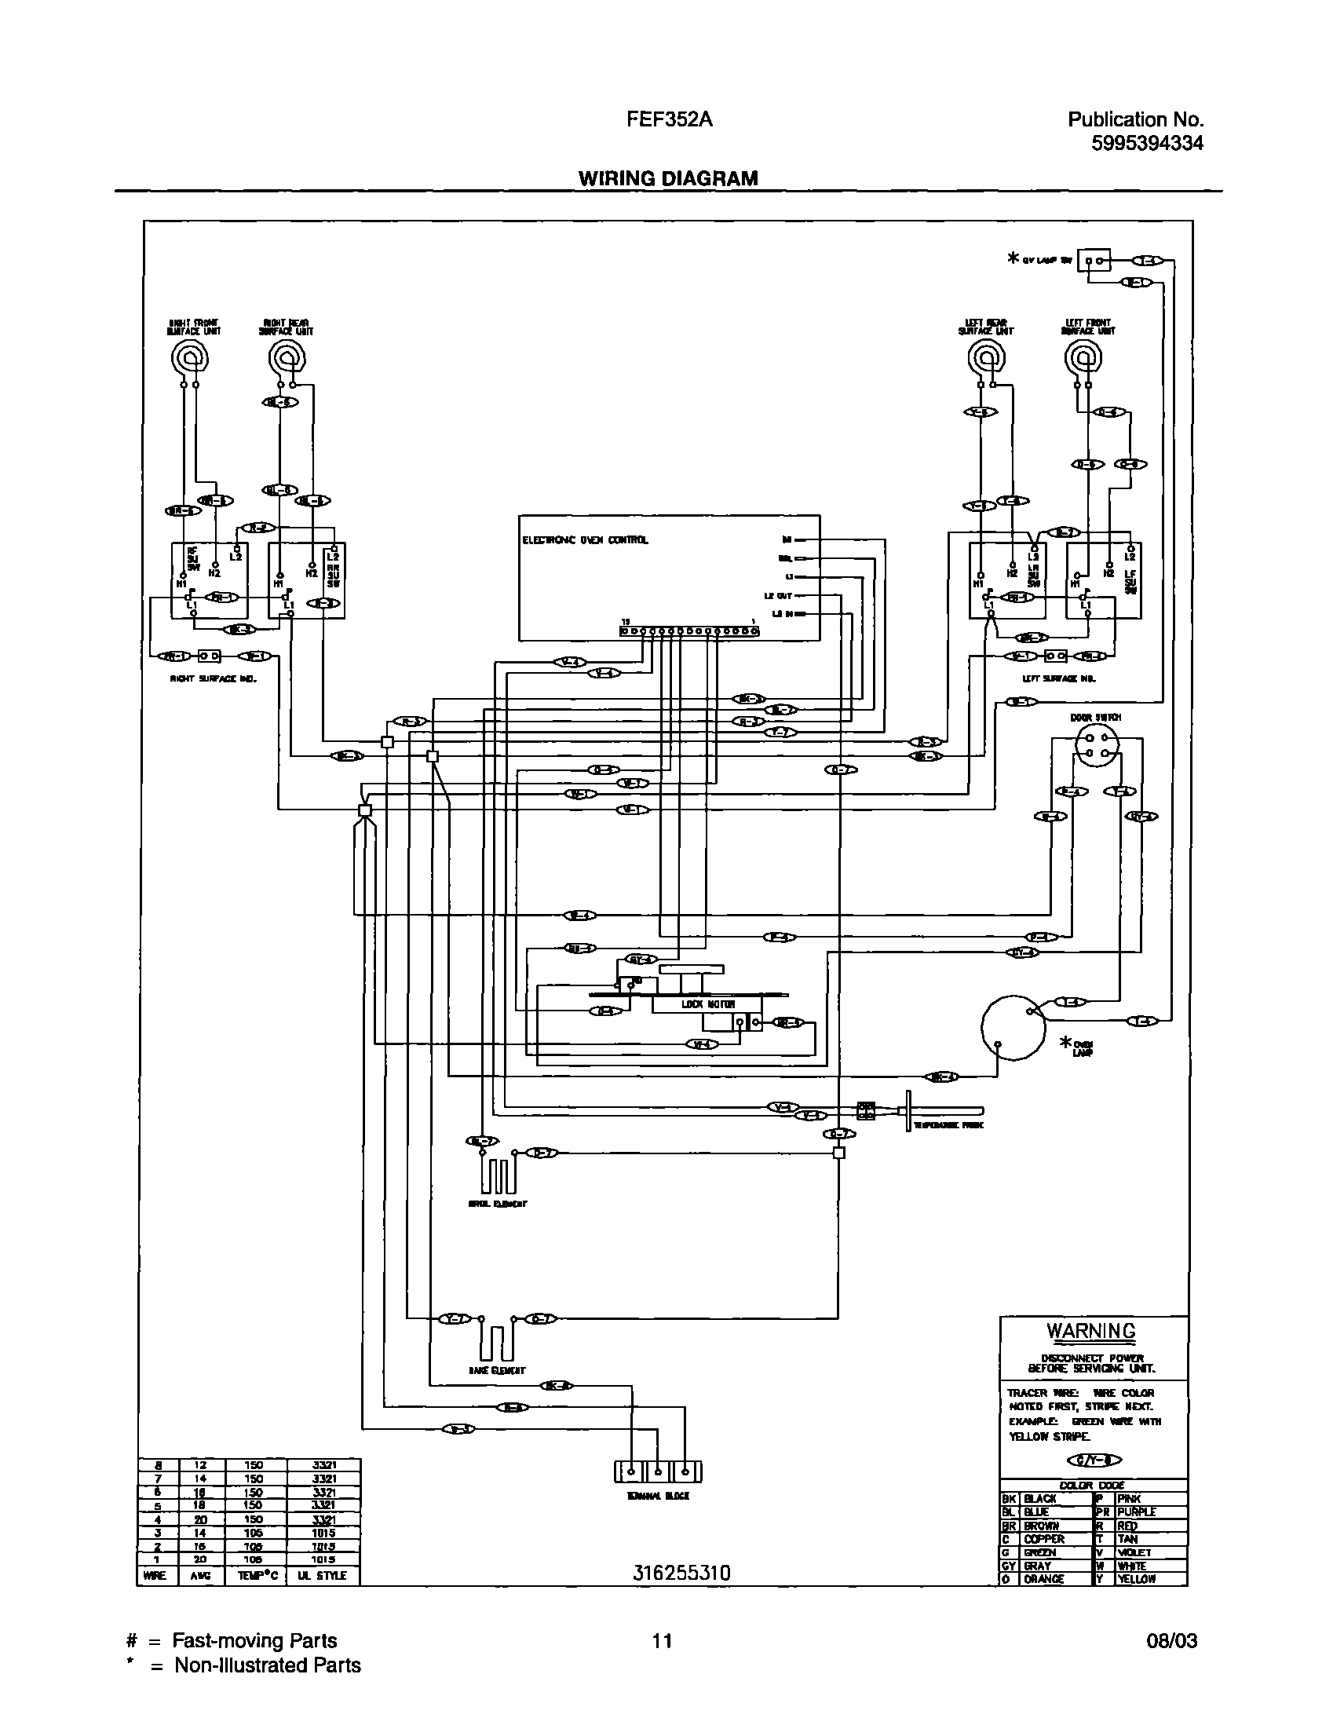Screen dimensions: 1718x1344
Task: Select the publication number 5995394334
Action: click(x=1146, y=143)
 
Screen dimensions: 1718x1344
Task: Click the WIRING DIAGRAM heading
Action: click(x=668, y=179)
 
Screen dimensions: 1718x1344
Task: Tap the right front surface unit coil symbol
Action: click(x=190, y=360)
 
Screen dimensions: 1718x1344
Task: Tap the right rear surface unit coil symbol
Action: click(x=287, y=360)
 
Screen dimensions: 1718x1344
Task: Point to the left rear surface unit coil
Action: click(x=986, y=359)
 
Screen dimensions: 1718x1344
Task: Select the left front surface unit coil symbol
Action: click(x=1083, y=359)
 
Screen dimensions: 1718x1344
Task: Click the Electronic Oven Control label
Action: click(x=586, y=540)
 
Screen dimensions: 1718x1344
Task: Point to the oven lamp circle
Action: click(x=1013, y=1027)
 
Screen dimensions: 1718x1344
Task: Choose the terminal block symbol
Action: click(x=657, y=1471)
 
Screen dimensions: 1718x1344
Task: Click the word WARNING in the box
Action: click(x=1090, y=1331)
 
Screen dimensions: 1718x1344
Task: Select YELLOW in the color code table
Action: click(x=1136, y=1579)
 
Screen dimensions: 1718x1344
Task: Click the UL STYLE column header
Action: click(x=324, y=1576)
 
